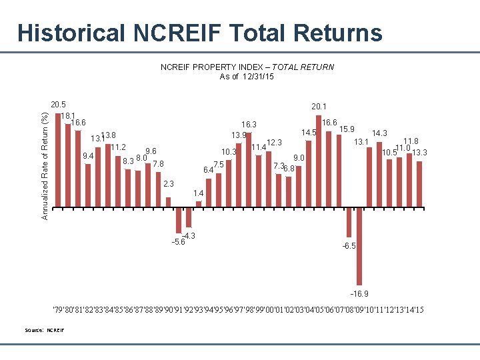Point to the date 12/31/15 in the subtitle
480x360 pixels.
[257, 76]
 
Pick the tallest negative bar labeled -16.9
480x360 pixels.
[359, 246]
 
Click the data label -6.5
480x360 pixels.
[349, 246]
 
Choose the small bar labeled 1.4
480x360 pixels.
[199, 204]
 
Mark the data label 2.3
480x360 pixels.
[169, 184]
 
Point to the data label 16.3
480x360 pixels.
[249, 124]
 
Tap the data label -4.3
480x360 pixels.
[189, 236]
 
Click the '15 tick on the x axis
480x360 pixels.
[419, 310]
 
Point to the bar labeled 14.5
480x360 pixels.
[309, 174]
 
